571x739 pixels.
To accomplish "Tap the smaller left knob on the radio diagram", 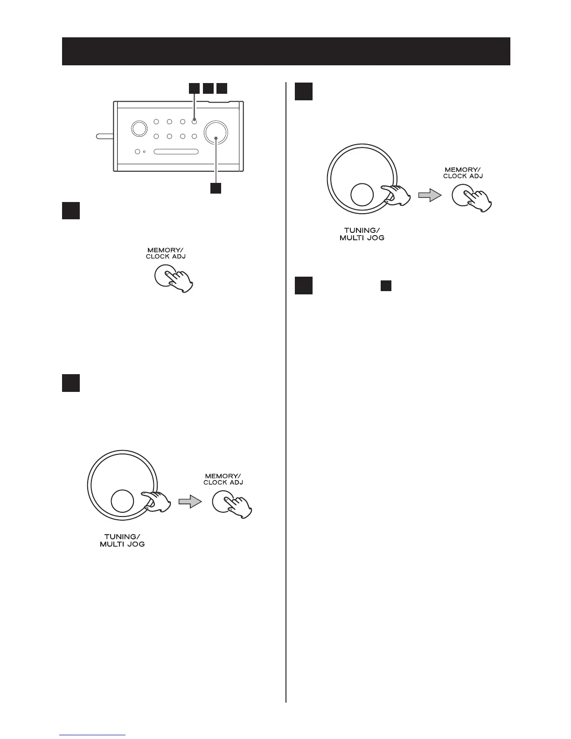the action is pyautogui.click(x=138, y=129).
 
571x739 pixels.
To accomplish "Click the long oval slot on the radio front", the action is pyautogui.click(x=176, y=152).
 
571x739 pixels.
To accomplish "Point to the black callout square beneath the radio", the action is pyautogui.click(x=216, y=188).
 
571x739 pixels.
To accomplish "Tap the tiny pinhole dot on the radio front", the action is pyautogui.click(x=145, y=152).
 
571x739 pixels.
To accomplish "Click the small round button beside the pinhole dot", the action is pyautogui.click(x=138, y=152).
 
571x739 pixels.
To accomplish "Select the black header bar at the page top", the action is pyautogui.click(x=286, y=51).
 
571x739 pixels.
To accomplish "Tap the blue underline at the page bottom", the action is pyautogui.click(x=92, y=736).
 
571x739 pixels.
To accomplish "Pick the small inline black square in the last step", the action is pyautogui.click(x=385, y=286).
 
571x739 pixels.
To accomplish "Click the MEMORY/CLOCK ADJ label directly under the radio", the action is pyautogui.click(x=166, y=253).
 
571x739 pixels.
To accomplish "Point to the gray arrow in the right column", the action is pyautogui.click(x=429, y=196).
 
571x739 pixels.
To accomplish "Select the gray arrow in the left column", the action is pyautogui.click(x=190, y=502).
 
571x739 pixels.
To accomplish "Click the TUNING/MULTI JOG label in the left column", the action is pyautogui.click(x=122, y=541).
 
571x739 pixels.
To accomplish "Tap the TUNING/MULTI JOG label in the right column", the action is pyautogui.click(x=362, y=234).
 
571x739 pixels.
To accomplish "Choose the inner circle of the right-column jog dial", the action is pyautogui.click(x=362, y=195).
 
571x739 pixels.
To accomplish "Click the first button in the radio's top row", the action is pyautogui.click(x=157, y=122).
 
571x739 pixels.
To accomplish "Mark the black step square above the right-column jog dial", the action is pyautogui.click(x=304, y=91).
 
